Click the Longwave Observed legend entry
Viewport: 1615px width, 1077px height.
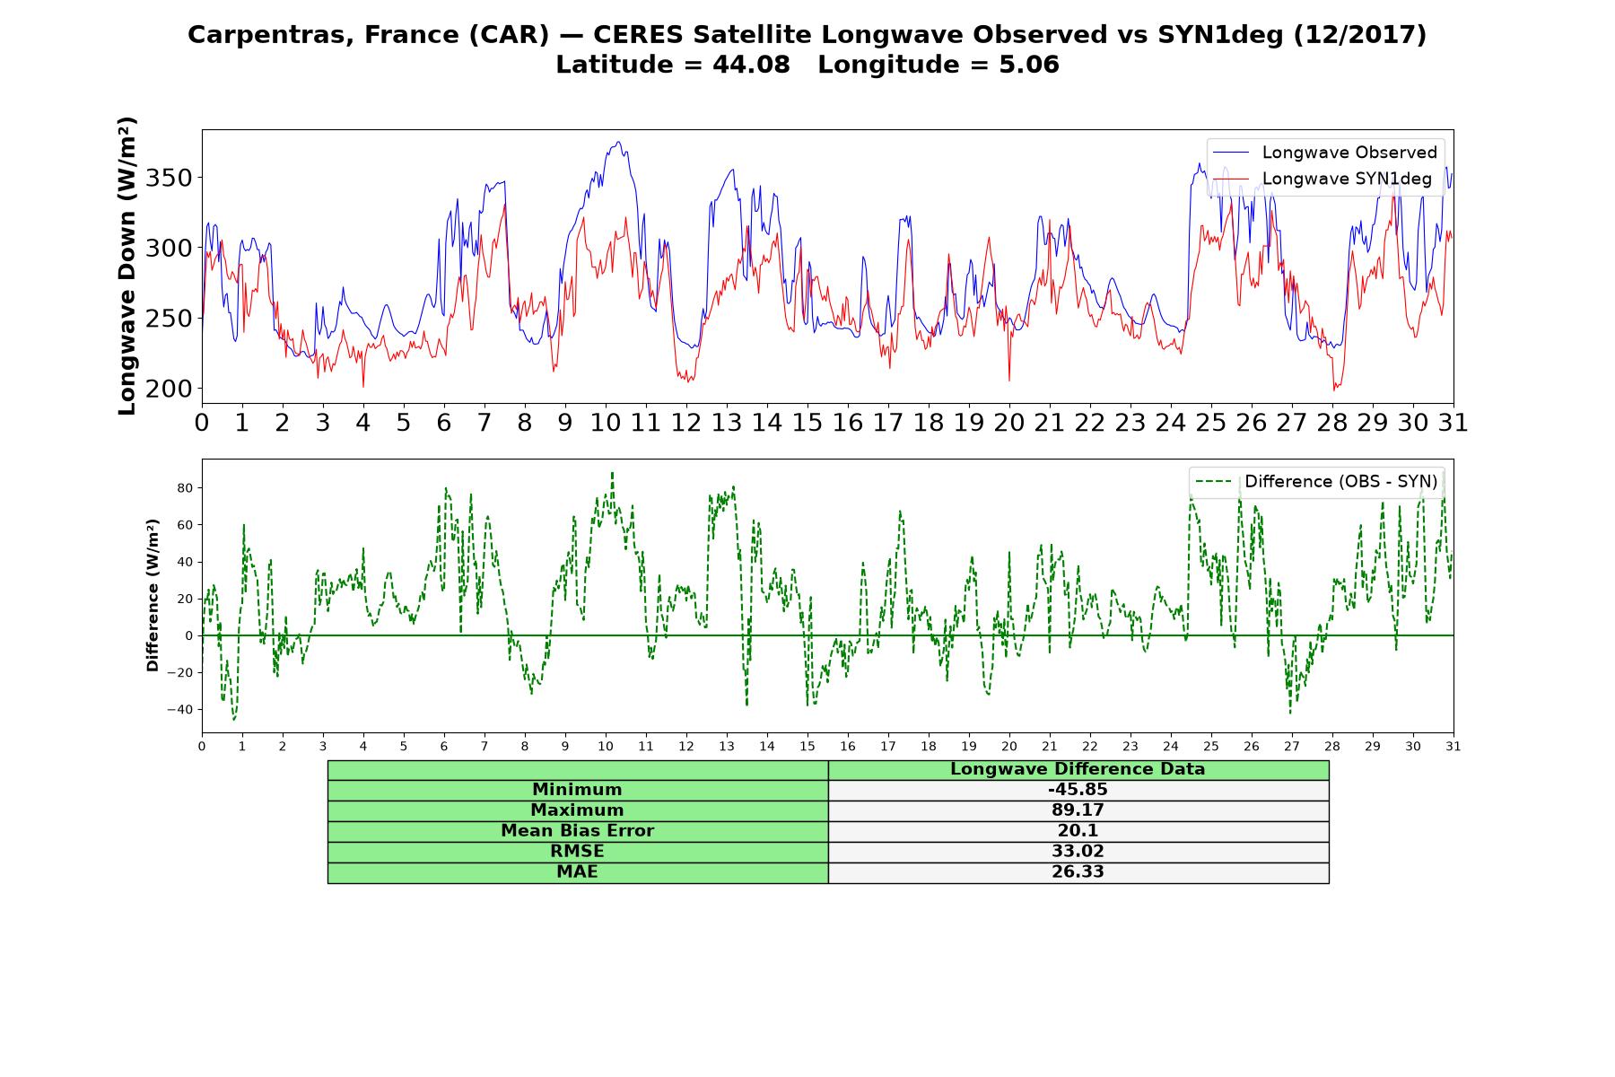tap(1324, 153)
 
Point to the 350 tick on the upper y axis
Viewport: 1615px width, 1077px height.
tap(169, 178)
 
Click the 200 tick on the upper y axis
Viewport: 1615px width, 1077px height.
tap(169, 389)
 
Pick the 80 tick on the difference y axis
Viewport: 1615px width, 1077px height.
tap(185, 488)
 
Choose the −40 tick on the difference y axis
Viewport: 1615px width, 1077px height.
tap(179, 709)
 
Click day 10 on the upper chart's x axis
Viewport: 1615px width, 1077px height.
tap(606, 422)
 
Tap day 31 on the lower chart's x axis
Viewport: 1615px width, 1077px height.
tap(1453, 746)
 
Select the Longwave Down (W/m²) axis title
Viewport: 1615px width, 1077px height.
tap(127, 266)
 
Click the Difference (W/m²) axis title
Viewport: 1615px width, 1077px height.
tap(153, 595)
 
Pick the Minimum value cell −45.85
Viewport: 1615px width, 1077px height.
tap(1078, 790)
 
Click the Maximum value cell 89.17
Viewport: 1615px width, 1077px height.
tap(1078, 810)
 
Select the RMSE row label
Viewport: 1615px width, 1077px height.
tap(577, 852)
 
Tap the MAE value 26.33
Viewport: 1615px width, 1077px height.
tap(1078, 872)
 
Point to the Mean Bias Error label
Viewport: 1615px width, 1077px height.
tap(577, 831)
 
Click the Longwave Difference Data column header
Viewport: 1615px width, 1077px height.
tap(1078, 769)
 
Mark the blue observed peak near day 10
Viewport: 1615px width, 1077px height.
tap(619, 142)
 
